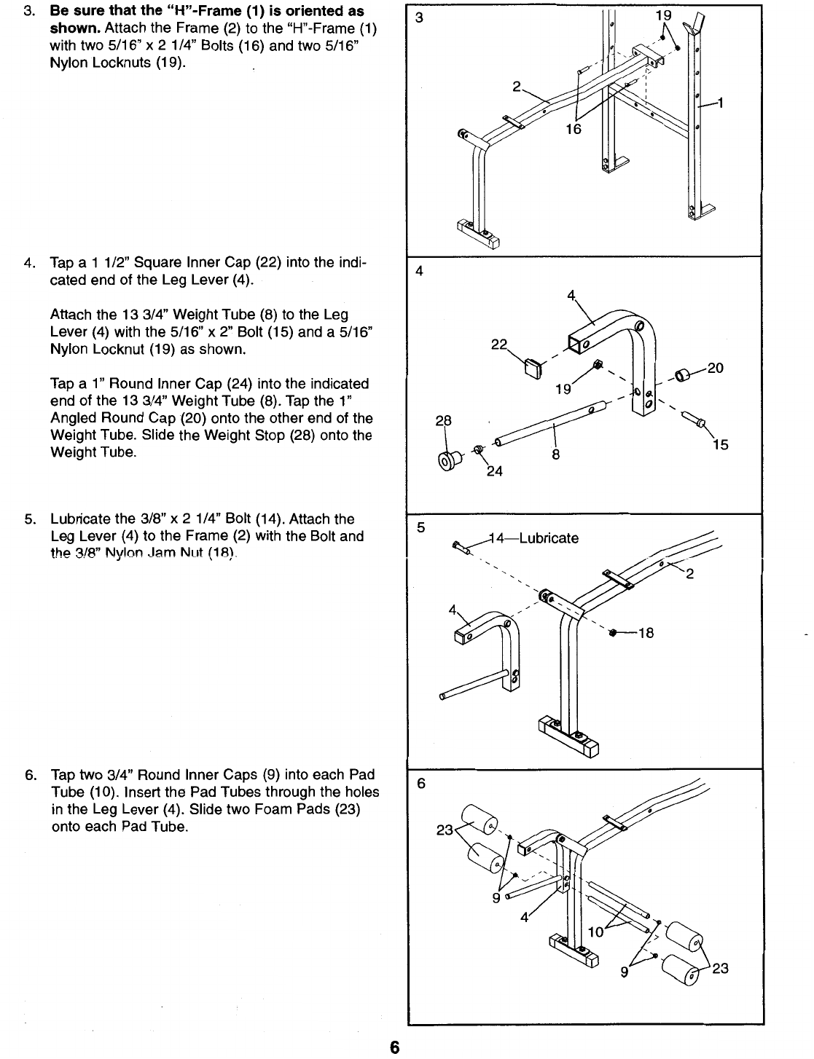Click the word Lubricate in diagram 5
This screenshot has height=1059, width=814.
(549, 538)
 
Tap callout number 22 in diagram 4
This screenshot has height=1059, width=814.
(499, 345)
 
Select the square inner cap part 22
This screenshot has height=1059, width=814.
(533, 369)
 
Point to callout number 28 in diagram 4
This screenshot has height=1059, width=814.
(444, 420)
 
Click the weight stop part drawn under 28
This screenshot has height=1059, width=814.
(450, 460)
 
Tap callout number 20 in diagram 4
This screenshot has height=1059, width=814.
(715, 368)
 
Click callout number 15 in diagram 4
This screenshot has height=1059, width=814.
(721, 444)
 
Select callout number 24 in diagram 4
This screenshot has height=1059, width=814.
(494, 471)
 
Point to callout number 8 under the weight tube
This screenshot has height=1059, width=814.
(556, 454)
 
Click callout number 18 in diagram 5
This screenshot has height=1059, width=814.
(646, 633)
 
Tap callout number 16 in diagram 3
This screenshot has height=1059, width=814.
(574, 129)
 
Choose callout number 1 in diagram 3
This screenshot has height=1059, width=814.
(721, 103)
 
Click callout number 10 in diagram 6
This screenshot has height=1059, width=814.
(596, 932)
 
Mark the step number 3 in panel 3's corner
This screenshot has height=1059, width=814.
(419, 17)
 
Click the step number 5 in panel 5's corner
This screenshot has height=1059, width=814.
(420, 527)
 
